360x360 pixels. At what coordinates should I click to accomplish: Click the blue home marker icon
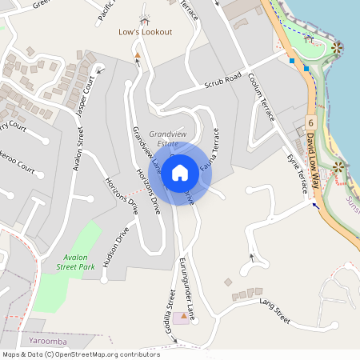pyautogui.click(x=180, y=172)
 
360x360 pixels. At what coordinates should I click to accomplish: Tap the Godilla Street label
pyautogui.click(x=170, y=307)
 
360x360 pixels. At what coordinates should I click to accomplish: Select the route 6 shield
pyautogui.click(x=310, y=122)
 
